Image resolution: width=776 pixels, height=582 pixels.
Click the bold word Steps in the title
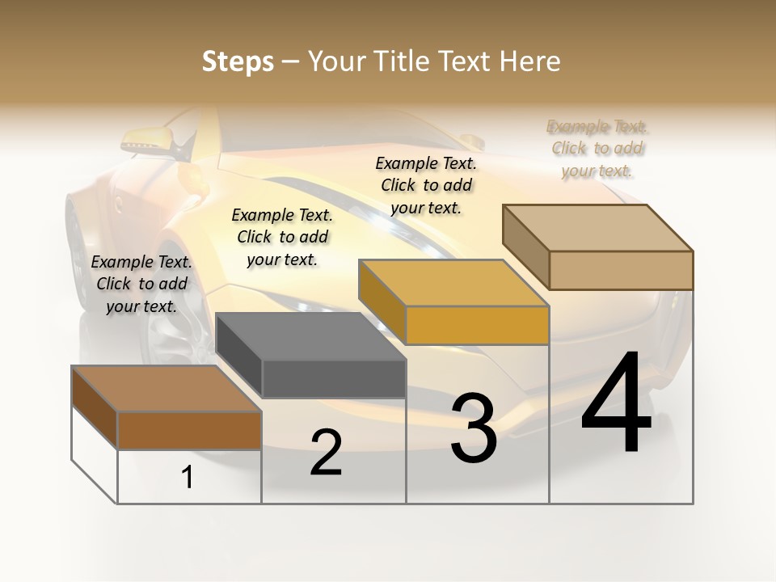[238, 61]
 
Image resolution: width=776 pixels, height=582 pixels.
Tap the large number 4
[616, 405]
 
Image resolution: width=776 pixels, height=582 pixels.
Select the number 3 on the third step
[474, 428]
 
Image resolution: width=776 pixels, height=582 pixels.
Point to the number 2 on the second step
[326, 453]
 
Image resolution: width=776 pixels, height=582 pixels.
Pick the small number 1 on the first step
[188, 478]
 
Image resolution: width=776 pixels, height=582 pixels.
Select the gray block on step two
[311, 336]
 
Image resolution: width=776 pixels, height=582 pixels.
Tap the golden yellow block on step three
[453, 284]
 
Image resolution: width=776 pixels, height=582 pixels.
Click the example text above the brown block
[141, 284]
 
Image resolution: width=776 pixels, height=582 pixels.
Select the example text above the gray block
[282, 237]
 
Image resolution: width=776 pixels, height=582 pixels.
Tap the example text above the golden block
[426, 185]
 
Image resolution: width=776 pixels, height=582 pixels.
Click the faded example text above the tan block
[597, 149]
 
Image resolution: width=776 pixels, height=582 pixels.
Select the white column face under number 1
[189, 477]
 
